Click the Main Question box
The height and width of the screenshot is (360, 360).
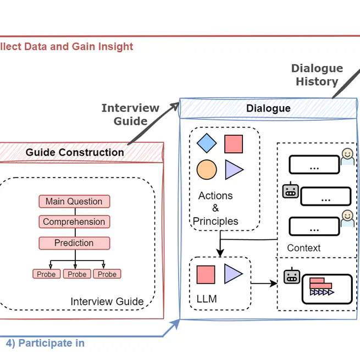point(74,202)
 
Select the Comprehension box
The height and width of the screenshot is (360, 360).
point(74,222)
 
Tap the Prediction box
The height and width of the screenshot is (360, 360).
point(74,243)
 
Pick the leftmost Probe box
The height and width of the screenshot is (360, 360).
point(46,274)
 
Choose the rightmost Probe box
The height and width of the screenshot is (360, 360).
point(107,274)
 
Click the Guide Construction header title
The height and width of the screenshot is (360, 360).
point(75,152)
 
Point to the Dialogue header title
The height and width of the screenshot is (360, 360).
point(268,108)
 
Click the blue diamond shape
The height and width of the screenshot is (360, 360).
point(207,143)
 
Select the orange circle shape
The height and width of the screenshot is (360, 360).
point(206,169)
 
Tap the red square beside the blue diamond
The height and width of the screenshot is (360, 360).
point(234,144)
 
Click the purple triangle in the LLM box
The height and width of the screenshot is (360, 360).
point(232,274)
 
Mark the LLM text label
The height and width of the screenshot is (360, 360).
point(207,299)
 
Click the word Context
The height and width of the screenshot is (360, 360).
point(303,248)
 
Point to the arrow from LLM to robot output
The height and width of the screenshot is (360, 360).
point(264,284)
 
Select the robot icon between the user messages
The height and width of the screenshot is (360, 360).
point(290,191)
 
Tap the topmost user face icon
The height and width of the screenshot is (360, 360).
point(347,156)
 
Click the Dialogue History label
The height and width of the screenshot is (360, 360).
point(317,75)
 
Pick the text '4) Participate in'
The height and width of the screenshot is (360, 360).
point(45,343)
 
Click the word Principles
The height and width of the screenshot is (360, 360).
point(215,221)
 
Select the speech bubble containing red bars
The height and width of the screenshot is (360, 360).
point(326,289)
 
